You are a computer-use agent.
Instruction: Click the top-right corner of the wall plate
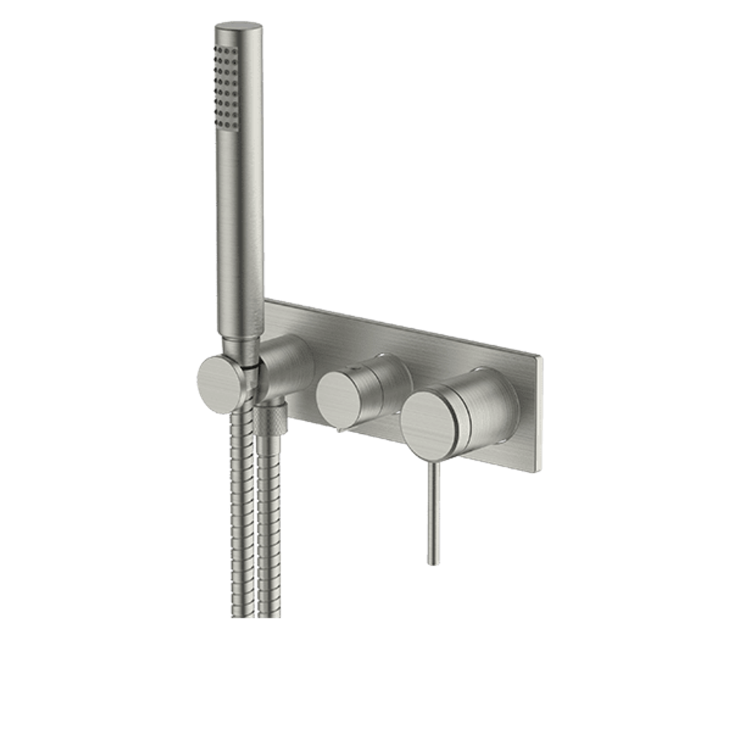(x=541, y=356)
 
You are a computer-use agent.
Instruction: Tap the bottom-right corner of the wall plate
(x=539, y=472)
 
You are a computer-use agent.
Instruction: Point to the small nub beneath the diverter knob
(x=336, y=427)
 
